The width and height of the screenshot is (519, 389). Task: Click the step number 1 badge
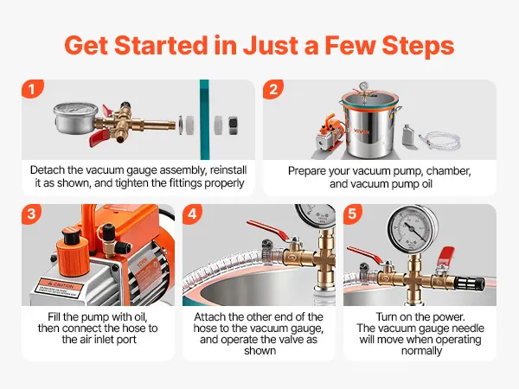pyautogui.click(x=32, y=89)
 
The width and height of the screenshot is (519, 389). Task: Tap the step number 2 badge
pyautogui.click(x=273, y=89)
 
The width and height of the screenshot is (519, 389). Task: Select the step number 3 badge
pyautogui.click(x=31, y=214)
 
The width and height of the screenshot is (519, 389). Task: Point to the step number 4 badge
pyautogui.click(x=192, y=214)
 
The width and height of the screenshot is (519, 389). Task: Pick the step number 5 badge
pyautogui.click(x=353, y=214)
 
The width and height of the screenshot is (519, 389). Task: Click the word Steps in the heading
pyautogui.click(x=418, y=45)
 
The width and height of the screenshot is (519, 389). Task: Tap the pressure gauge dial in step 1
pyautogui.click(x=76, y=119)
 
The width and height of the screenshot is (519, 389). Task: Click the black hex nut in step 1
pyautogui.click(x=234, y=125)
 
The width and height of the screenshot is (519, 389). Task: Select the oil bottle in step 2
pyautogui.click(x=407, y=136)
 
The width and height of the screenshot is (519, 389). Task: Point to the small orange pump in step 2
pyautogui.click(x=330, y=136)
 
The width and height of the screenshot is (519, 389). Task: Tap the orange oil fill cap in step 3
pyautogui.click(x=72, y=252)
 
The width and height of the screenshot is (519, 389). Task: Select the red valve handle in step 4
pyautogui.click(x=268, y=230)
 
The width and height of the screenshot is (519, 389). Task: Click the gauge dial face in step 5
pyautogui.click(x=413, y=228)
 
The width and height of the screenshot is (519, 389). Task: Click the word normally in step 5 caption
pyautogui.click(x=421, y=350)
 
